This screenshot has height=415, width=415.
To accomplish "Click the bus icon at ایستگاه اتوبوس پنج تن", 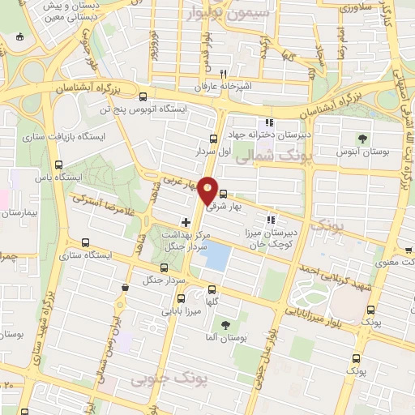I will [x=143, y=96].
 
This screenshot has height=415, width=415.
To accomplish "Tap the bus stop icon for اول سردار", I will [x=213, y=139].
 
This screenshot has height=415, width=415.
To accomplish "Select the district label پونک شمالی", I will [x=263, y=159].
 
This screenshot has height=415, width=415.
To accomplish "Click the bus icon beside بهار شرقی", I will [x=223, y=195].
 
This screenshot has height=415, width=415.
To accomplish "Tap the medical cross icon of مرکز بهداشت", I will [x=186, y=221].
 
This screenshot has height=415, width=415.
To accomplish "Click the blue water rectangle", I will [x=215, y=259].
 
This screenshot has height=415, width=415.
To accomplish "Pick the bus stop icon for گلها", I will [x=212, y=289].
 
